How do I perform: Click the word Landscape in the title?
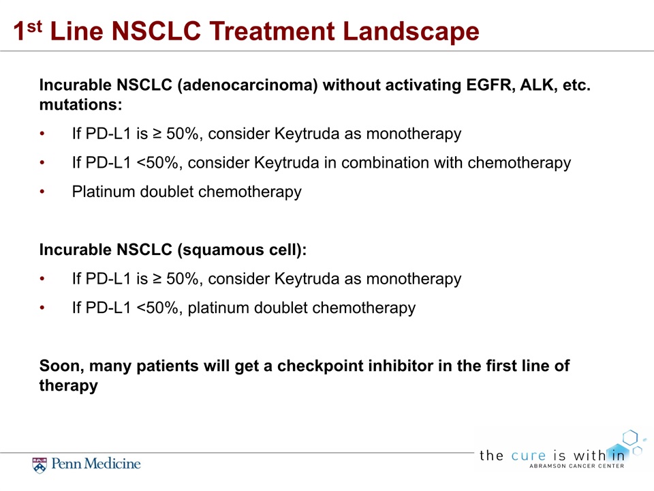click(411, 32)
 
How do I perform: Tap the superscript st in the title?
click(34, 27)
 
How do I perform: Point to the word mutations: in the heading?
click(81, 104)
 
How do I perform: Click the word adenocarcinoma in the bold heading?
click(247, 85)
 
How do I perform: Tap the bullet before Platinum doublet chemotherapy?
click(42, 192)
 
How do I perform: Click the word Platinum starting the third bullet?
click(104, 192)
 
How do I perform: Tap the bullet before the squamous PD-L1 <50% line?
click(42, 308)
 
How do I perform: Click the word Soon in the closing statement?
click(62, 366)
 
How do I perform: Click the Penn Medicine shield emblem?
click(40, 465)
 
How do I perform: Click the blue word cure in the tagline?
click(529, 455)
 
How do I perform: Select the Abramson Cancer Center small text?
click(577, 466)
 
